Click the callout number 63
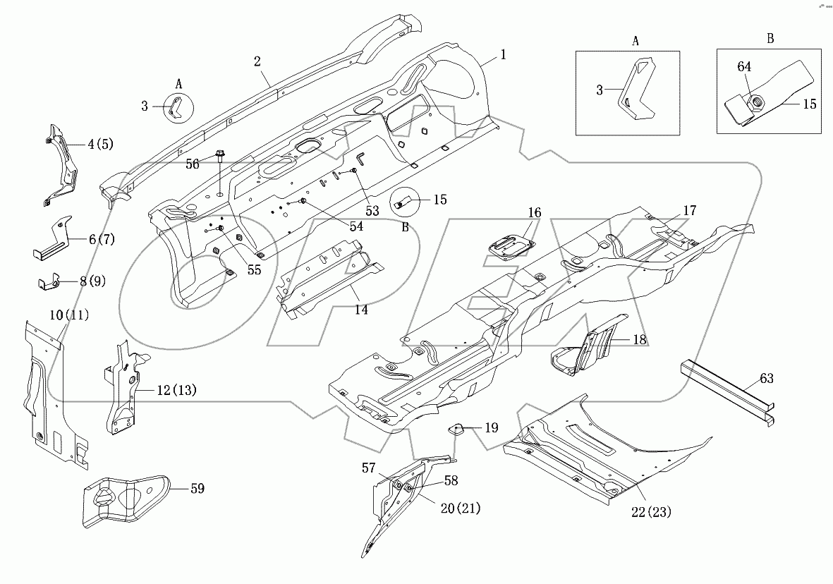pos(766,379)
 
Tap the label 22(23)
pos(651,512)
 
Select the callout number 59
pos(197,487)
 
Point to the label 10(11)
pos(68,316)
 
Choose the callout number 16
pos(534,212)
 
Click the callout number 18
pos(639,339)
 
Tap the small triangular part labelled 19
pos(456,427)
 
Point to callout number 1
pos(504,54)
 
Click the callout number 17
pos(689,210)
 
